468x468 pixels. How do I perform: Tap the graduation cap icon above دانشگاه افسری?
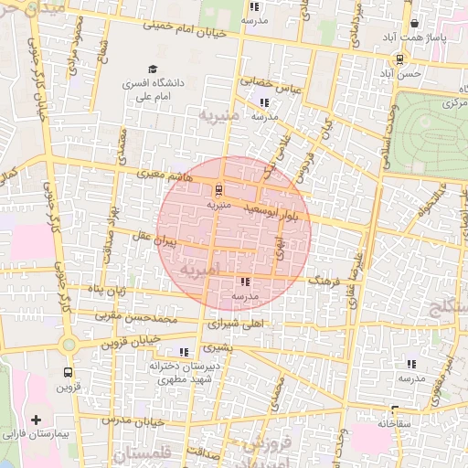pos(153,69)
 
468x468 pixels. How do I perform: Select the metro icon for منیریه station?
pos(218,191)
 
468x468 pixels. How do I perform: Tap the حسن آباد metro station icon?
pos(400,58)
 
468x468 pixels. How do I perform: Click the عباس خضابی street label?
pos(271,86)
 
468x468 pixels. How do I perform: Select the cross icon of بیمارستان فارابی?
pos(36,420)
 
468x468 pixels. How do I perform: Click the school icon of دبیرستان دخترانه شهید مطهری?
pos(185,352)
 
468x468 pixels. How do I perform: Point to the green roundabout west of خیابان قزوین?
pos(68,345)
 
